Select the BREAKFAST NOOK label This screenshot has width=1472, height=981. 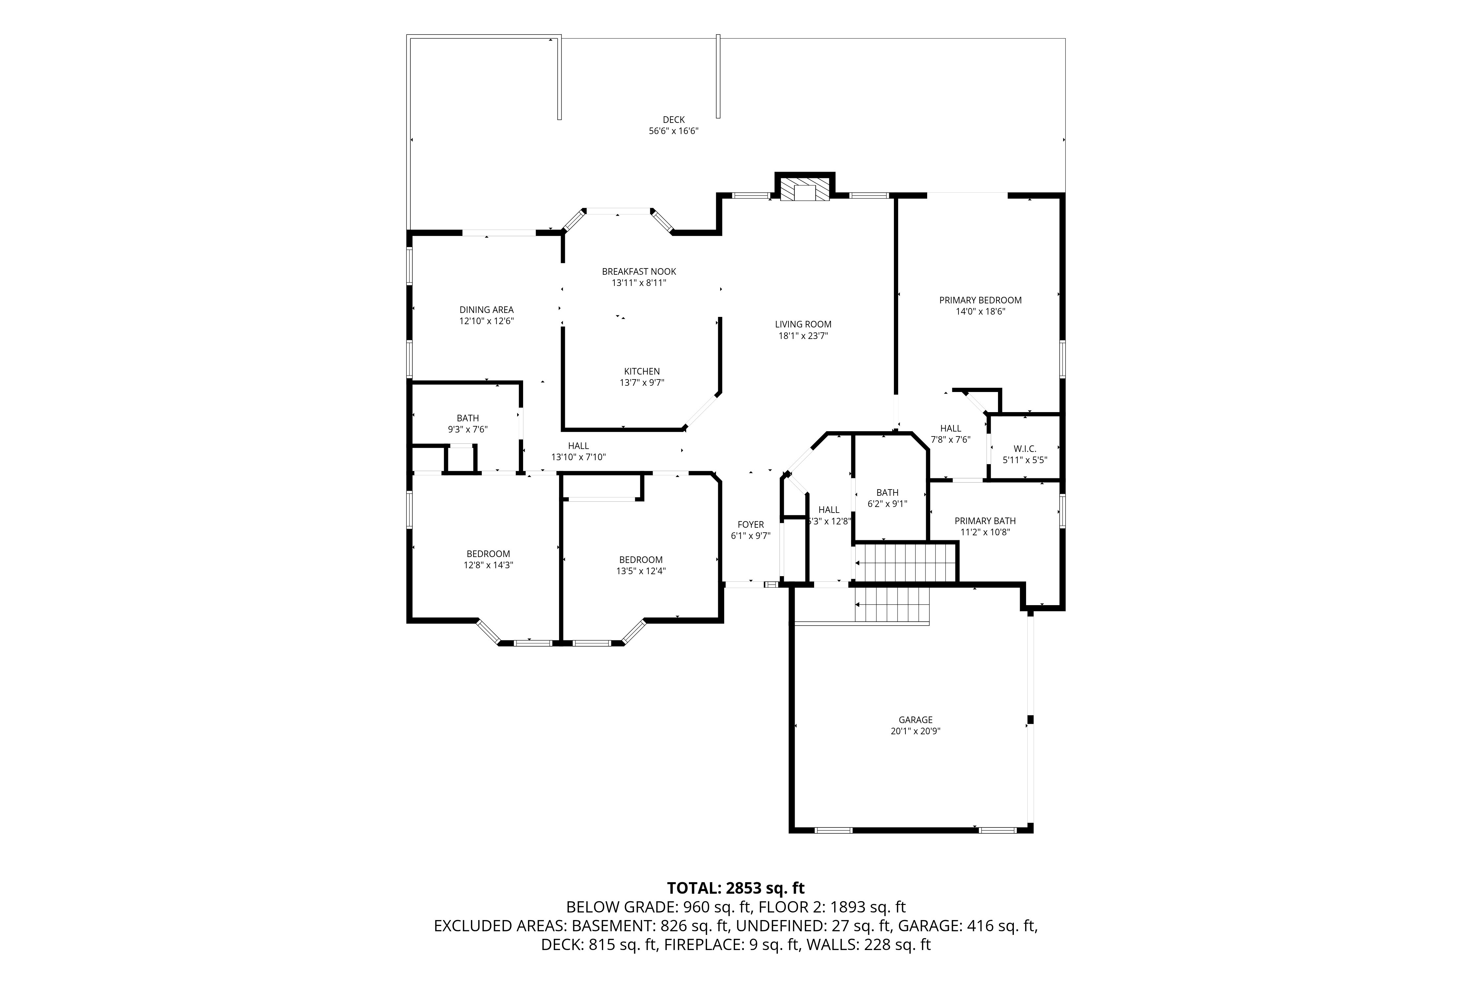coord(639,271)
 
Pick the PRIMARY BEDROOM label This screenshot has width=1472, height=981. coord(980,300)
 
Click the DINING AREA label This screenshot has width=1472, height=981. coord(486,310)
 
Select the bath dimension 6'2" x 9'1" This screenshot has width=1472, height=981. coord(888,504)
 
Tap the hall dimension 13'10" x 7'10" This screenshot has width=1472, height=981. coord(578,457)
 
